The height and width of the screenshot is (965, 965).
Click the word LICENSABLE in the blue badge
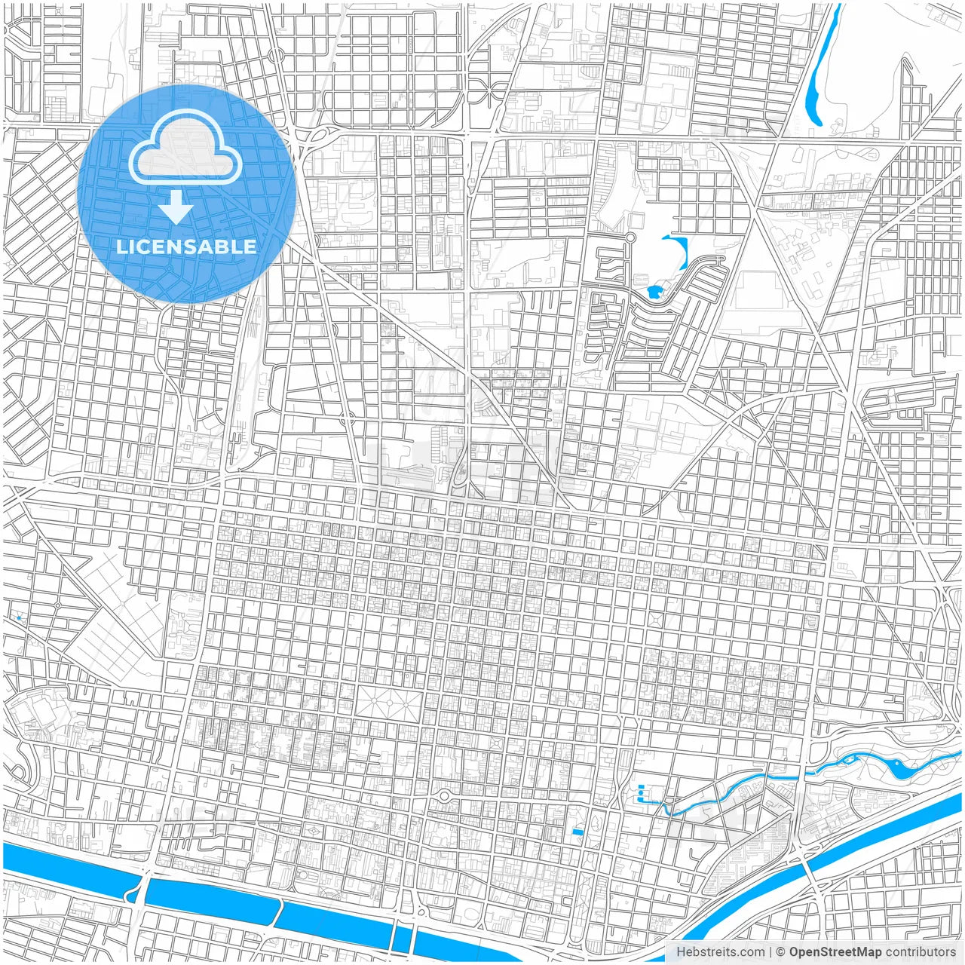tap(186, 247)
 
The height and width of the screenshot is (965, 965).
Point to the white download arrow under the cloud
tap(176, 207)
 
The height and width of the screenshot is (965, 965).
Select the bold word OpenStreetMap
tap(835, 952)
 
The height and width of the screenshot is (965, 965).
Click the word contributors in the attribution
tap(921, 952)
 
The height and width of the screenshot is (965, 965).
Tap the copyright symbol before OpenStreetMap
tap(781, 952)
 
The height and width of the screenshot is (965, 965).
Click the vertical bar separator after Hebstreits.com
tap(770, 952)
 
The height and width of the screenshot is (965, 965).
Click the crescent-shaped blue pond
tap(680, 253)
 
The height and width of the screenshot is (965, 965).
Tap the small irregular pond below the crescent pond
tap(653, 292)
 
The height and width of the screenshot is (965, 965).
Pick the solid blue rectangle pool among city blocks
tap(577, 832)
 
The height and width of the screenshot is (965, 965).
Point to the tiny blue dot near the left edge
tap(18, 619)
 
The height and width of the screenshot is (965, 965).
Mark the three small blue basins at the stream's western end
tap(642, 794)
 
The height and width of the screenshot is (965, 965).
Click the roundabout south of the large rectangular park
tap(444, 796)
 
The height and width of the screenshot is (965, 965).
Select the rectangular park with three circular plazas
tap(389, 703)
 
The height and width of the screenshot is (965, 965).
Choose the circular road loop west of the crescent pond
tap(630, 238)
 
